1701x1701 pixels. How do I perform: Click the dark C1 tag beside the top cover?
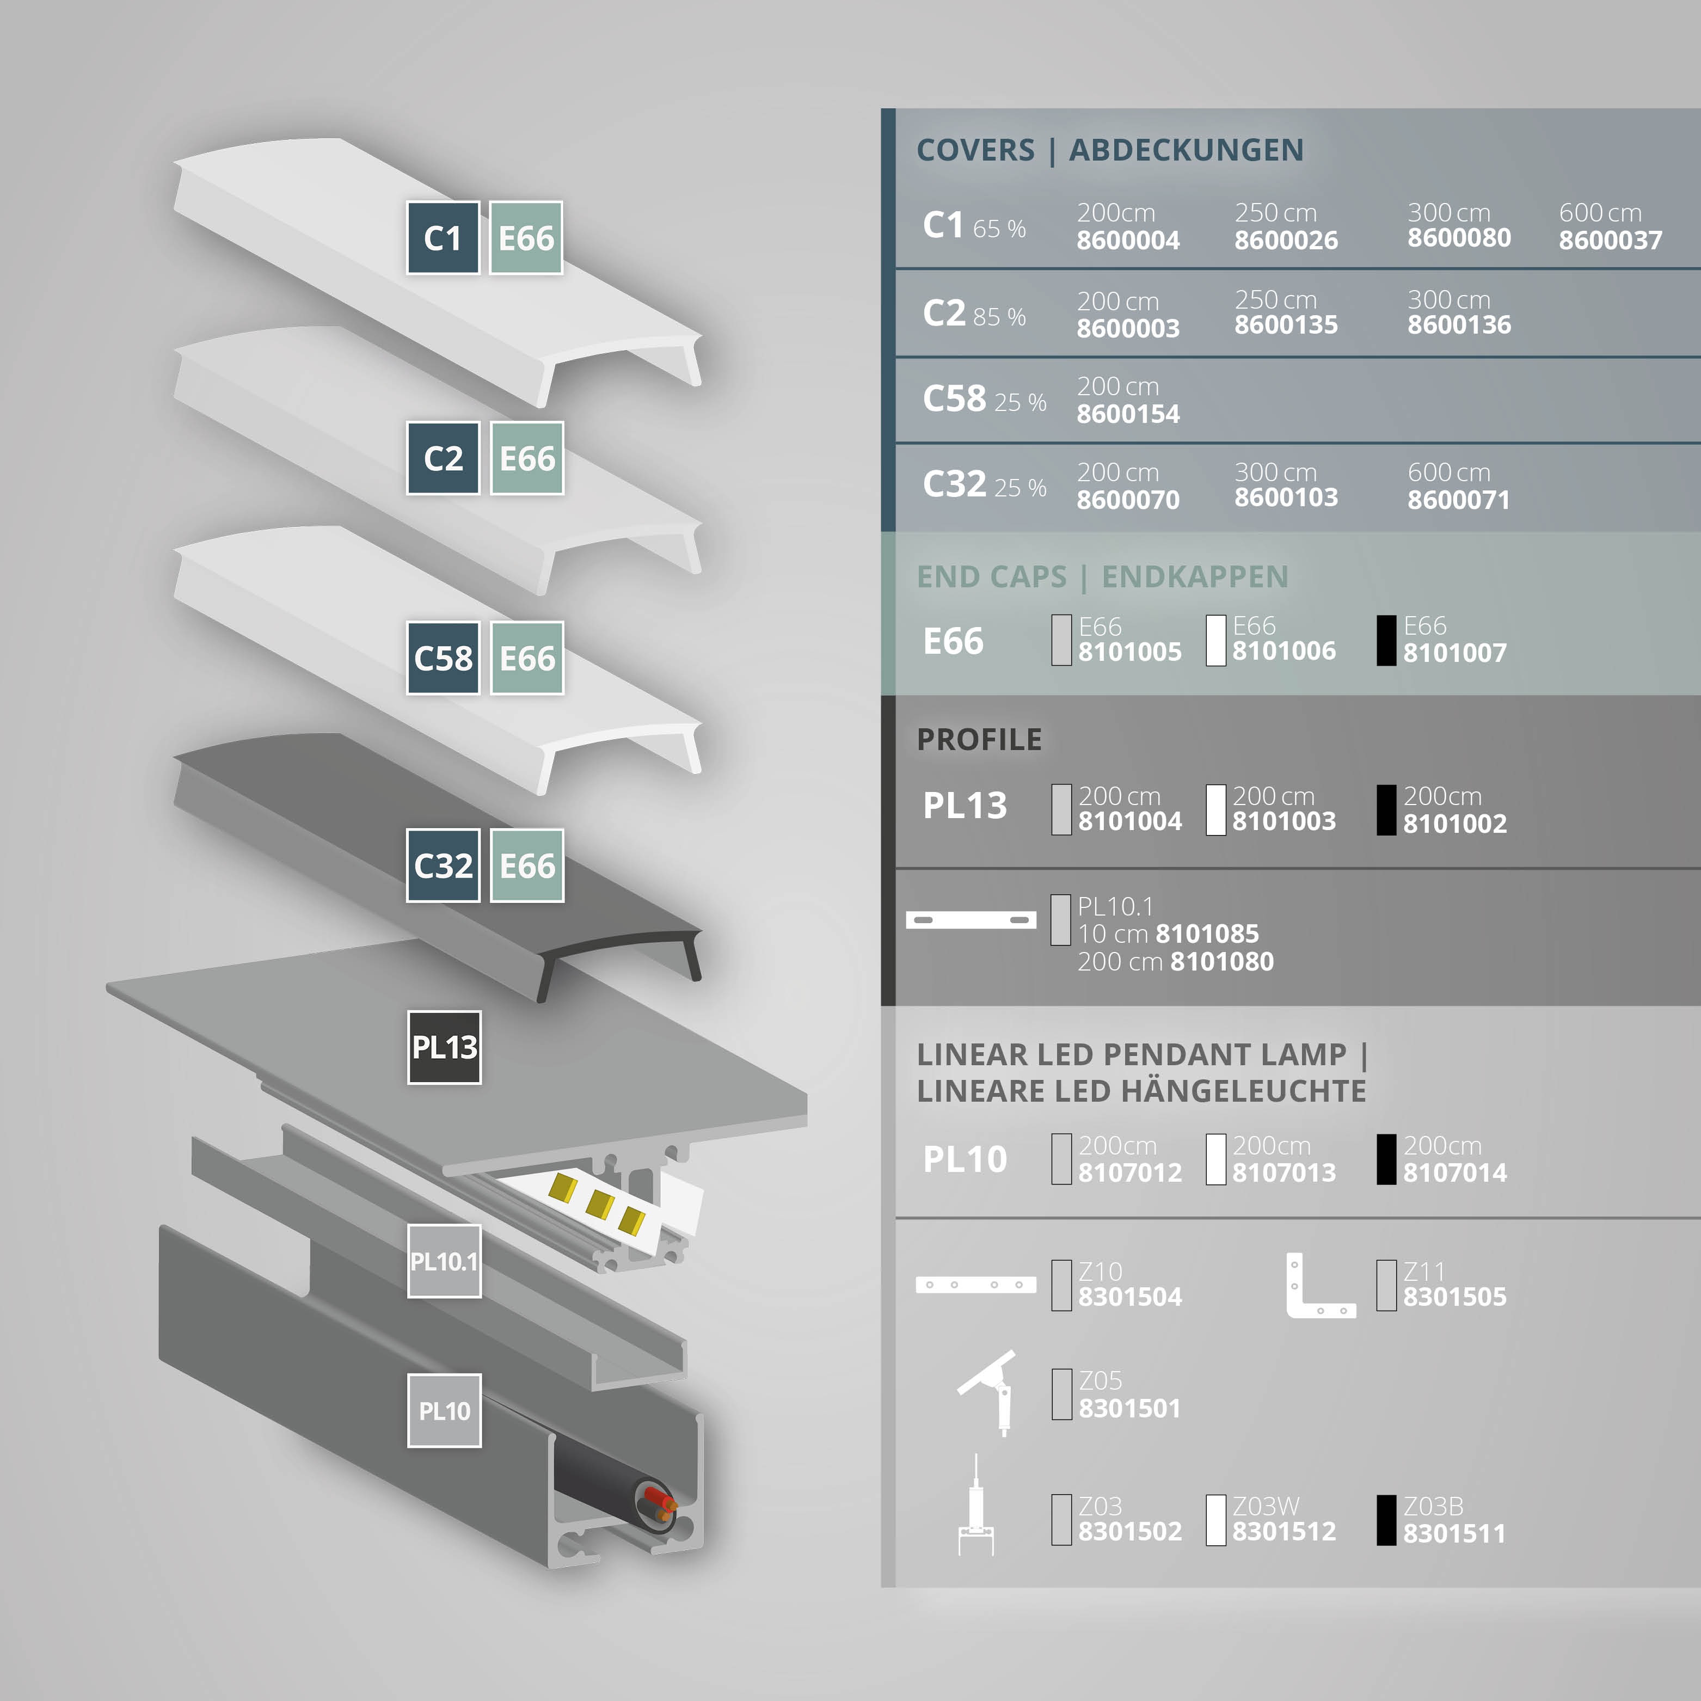(443, 238)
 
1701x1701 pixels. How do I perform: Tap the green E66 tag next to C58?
(526, 658)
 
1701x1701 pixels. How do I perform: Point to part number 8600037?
(1610, 241)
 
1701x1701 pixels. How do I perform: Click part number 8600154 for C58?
(1128, 414)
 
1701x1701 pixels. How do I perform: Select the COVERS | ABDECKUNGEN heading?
(1109, 150)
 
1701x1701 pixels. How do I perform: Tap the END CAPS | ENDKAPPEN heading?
(1102, 576)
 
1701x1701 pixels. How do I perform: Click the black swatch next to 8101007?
(1386, 640)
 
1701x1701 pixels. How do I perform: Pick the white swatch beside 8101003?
(1216, 809)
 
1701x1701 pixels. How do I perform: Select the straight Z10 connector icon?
(975, 1285)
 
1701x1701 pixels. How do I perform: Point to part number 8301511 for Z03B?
(1454, 1534)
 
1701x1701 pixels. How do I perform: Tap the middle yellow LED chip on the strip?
(600, 1203)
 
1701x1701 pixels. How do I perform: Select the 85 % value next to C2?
(999, 317)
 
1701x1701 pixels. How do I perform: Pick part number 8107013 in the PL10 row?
(1284, 1173)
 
